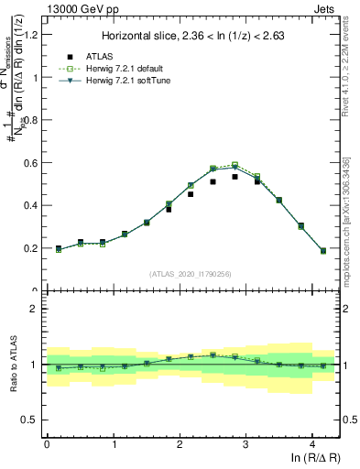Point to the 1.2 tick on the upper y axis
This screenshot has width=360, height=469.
pyautogui.click(x=31, y=35)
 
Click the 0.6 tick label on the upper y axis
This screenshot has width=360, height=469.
pyautogui.click(x=31, y=163)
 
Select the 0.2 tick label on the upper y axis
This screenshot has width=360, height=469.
pyautogui.click(x=31, y=248)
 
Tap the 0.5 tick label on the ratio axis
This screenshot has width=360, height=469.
pyautogui.click(x=31, y=420)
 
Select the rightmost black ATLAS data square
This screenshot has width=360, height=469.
pyautogui.click(x=323, y=250)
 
